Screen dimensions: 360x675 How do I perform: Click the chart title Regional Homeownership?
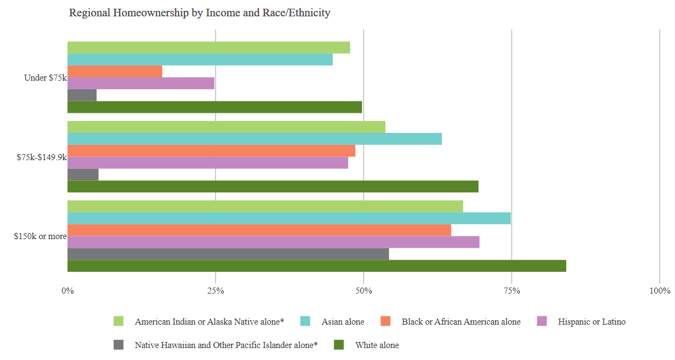(199, 13)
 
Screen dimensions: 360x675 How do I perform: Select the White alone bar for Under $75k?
(214, 107)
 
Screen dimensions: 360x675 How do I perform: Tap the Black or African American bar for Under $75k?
(115, 71)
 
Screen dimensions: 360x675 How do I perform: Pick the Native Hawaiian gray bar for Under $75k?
(82, 95)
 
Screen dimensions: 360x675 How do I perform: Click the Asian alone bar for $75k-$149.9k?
(254, 139)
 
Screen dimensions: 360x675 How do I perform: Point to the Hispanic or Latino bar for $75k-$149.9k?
(207, 163)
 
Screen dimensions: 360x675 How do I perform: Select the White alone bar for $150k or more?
(316, 266)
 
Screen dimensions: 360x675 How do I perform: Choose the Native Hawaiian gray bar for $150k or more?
(228, 254)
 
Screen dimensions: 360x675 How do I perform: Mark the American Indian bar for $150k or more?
(265, 206)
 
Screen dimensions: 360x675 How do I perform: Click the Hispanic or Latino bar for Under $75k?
(140, 83)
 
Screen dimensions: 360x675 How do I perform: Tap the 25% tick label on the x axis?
(216, 291)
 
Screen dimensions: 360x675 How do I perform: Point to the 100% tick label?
(660, 291)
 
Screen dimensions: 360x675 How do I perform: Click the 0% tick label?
(67, 291)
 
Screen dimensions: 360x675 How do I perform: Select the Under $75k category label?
(45, 78)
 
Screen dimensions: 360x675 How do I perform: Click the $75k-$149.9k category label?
(41, 157)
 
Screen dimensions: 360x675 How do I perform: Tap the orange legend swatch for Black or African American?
(386, 321)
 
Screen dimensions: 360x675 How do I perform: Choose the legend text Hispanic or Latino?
(592, 322)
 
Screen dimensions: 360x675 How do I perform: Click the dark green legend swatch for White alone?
(339, 345)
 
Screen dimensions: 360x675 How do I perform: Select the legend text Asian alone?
(343, 322)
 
